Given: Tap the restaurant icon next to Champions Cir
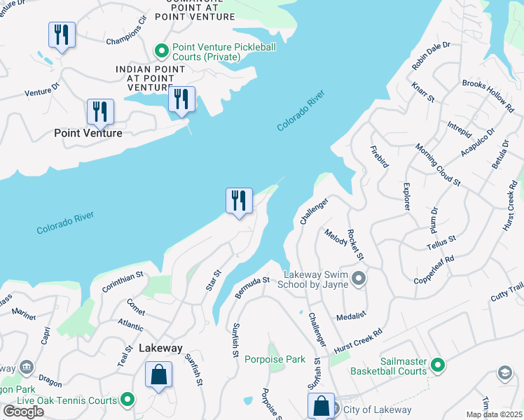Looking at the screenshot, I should coord(62,35).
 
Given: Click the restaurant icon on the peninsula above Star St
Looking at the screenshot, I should coord(239,201).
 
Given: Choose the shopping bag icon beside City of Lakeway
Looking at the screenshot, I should coord(320,406).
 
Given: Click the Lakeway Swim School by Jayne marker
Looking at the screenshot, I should coord(359,280).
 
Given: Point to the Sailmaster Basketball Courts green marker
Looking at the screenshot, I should coord(438,365).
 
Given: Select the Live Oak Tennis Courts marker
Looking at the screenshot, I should coord(127,400).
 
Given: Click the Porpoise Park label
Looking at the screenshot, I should coord(275,359).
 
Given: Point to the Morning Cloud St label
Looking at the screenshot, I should coord(438,165).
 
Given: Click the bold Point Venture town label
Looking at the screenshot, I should coord(88,133).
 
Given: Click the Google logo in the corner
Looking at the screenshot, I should coord(23,411).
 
